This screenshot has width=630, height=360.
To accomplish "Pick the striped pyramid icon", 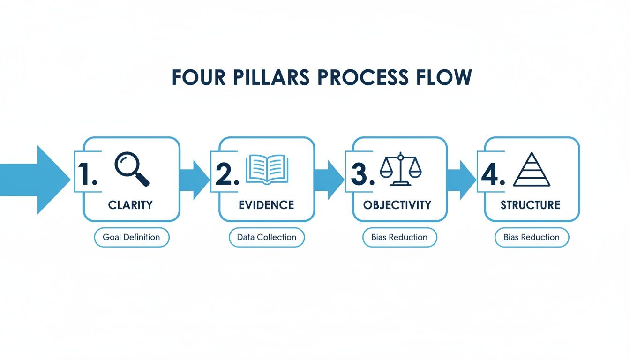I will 532,170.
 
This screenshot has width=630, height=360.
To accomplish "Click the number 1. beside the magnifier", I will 87,175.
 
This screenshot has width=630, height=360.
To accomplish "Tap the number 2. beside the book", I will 227,175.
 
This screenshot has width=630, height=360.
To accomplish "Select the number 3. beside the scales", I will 362,175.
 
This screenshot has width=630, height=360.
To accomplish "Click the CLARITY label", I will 130,205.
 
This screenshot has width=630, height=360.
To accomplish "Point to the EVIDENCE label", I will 266,205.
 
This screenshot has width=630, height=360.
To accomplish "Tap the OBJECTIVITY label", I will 397,205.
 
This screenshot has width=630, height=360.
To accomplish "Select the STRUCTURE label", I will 530,205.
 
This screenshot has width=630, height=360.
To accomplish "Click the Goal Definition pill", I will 131,237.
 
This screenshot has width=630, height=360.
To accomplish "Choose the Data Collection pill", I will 267,237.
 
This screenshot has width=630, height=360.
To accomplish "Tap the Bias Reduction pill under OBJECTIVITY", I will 399,237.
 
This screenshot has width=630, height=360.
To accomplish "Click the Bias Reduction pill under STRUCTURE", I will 532,237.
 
